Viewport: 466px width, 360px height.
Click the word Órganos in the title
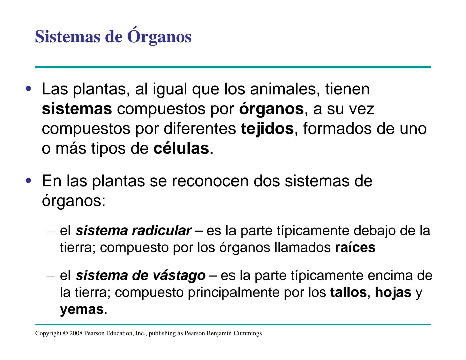[x=159, y=37]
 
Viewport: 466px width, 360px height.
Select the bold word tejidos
[x=267, y=129]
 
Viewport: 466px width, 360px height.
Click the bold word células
[x=181, y=149]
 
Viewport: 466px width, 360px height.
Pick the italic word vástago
[x=179, y=276]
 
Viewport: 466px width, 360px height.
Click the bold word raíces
[x=355, y=248]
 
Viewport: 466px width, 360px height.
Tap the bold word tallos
[x=348, y=293]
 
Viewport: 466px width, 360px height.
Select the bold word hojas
[x=393, y=293]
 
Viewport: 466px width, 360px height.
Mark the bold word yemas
[x=82, y=310]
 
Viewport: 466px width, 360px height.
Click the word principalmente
[x=234, y=293]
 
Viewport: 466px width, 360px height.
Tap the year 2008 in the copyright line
[x=76, y=333]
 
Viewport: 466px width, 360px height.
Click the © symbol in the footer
[x=65, y=333]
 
